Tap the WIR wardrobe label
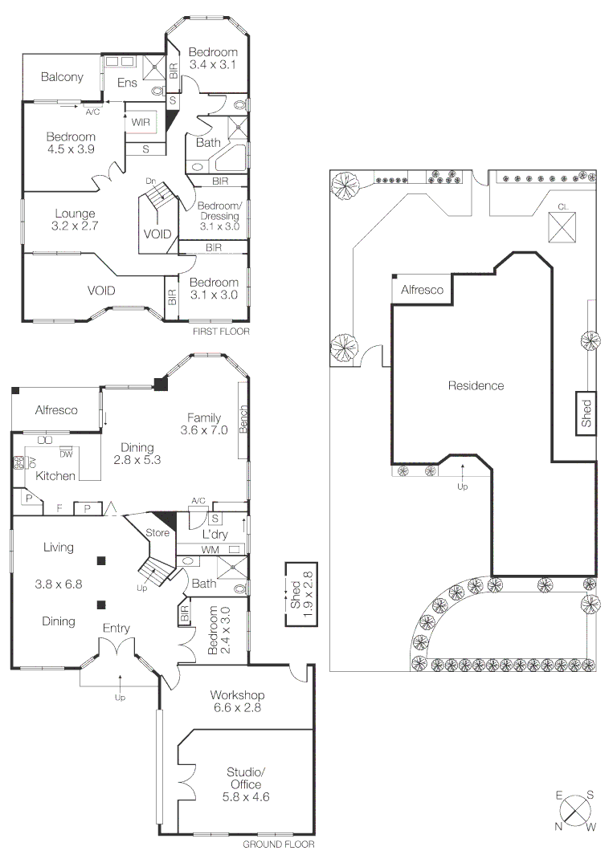click(x=141, y=122)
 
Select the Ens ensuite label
click(x=127, y=83)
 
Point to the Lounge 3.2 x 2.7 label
click(x=76, y=220)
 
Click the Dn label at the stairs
click(x=150, y=181)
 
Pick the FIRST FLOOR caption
click(x=221, y=331)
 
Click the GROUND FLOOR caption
click(x=278, y=845)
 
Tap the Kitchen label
click(x=55, y=476)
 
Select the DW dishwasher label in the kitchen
click(x=66, y=454)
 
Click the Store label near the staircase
click(x=156, y=532)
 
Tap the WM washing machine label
click(x=211, y=550)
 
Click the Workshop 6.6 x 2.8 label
click(x=237, y=701)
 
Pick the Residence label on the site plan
click(x=476, y=385)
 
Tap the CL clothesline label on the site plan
click(x=563, y=207)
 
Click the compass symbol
click(x=574, y=808)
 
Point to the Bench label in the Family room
click(x=243, y=418)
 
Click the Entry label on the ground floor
click(x=116, y=629)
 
